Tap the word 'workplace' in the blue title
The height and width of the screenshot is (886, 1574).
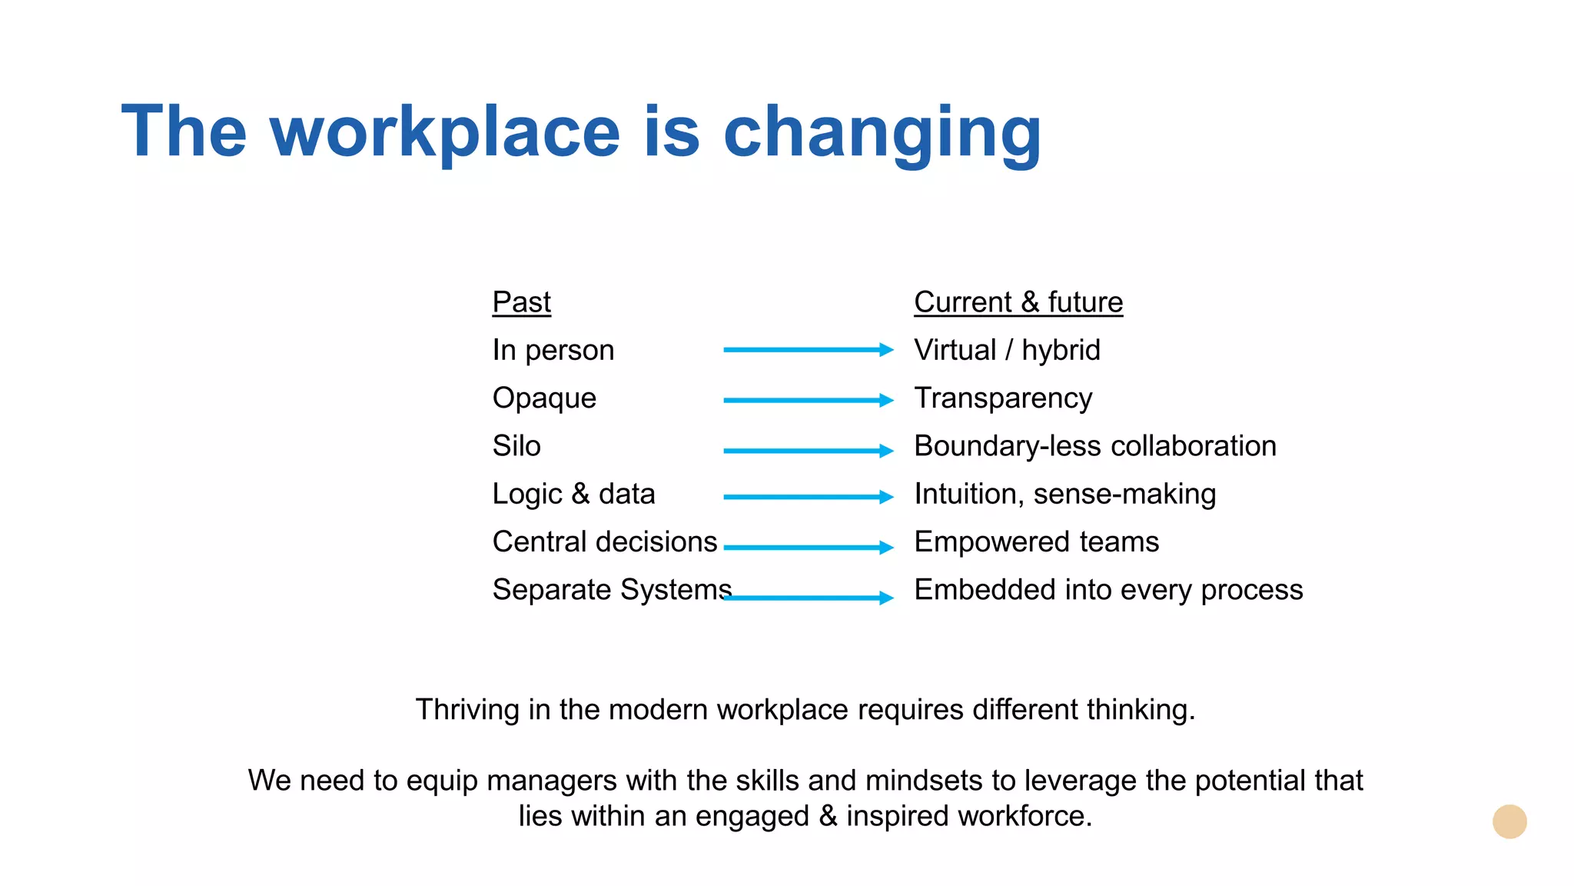click(445, 132)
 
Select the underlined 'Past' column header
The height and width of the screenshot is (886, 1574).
click(521, 302)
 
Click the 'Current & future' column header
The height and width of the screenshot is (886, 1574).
click(1018, 302)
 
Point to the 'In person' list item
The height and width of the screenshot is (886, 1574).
click(553, 351)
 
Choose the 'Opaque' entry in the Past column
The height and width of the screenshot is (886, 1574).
click(544, 398)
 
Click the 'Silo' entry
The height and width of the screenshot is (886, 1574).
click(516, 446)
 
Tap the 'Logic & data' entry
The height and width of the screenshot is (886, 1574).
click(573, 494)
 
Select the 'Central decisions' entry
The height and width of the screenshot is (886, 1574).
click(605, 541)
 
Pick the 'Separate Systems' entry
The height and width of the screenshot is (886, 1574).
click(612, 590)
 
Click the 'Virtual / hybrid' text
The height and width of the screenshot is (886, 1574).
click(1007, 351)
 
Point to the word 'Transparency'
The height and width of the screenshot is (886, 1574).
click(1003, 398)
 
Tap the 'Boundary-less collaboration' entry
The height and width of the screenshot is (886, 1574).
click(1095, 446)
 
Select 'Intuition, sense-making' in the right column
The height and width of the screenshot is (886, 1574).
click(1065, 494)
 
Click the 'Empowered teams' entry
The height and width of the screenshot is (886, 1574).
click(1036, 541)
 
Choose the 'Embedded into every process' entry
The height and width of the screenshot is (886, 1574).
click(1108, 590)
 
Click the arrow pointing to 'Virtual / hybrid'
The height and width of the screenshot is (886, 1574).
click(809, 350)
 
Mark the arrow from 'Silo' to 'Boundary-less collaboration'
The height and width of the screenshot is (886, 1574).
click(809, 451)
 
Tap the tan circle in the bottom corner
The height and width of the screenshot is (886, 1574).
click(1509, 821)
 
